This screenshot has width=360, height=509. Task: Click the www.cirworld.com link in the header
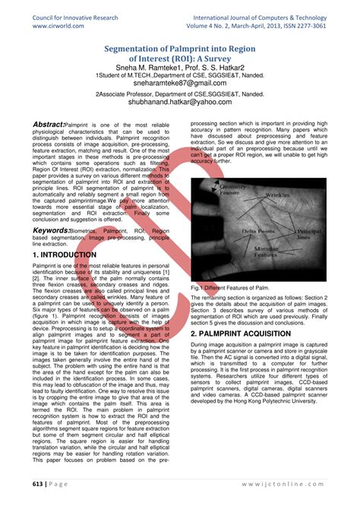pos(54,24)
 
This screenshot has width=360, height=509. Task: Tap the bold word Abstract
pos(48,125)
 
